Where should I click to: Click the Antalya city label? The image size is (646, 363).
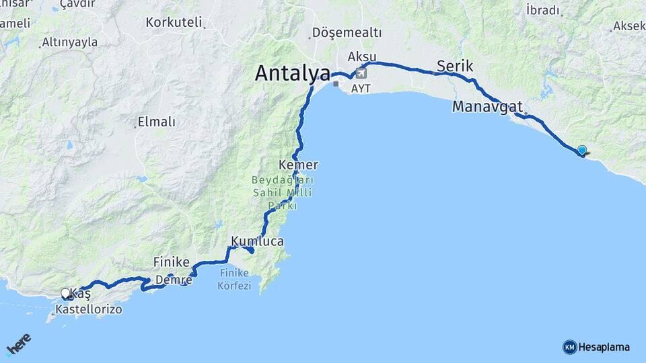pos(292,73)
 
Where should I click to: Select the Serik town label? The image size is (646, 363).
pos(455,66)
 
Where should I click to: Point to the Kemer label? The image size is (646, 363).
pos(298,165)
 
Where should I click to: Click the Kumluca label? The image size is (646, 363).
pos(257,241)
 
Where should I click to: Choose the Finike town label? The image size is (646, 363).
pos(171,261)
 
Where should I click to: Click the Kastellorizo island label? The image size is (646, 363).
pos(88,310)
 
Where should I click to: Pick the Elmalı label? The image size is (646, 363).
pos(156,122)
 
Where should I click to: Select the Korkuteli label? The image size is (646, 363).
pos(174,22)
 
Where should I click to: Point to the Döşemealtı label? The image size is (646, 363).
pos(347,33)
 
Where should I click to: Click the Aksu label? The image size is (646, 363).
pos(361,56)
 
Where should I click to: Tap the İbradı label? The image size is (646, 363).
pos(542,10)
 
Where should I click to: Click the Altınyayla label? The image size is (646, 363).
pos(69,42)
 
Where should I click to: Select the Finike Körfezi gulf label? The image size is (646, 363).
pos(234,279)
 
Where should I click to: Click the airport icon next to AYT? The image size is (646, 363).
pos(361,73)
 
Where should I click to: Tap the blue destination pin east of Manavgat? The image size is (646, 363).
pos(582,151)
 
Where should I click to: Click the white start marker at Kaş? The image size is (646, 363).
pos(65,293)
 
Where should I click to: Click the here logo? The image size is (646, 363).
pos(19,345)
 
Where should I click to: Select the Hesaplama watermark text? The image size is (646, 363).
pos(604,347)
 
